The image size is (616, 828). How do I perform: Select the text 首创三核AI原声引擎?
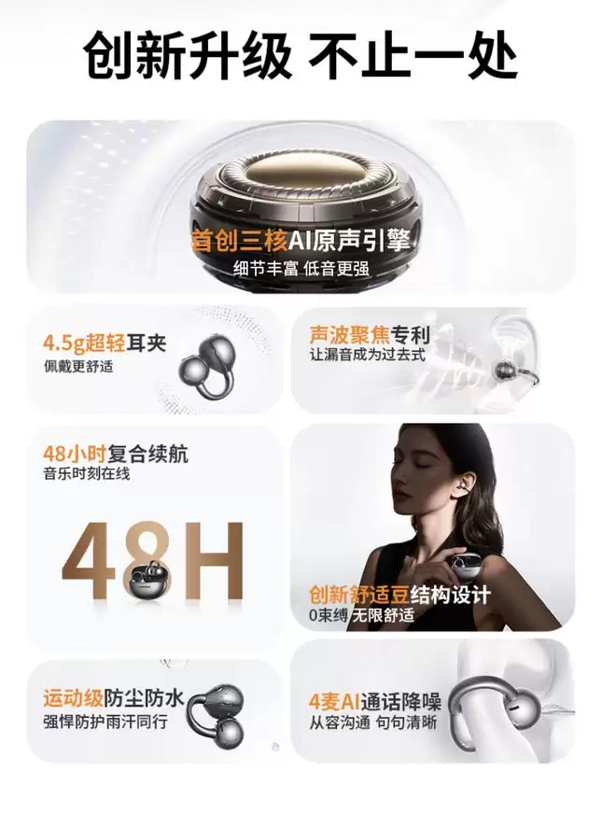(x=301, y=241)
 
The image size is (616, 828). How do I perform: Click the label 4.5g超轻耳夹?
(x=105, y=344)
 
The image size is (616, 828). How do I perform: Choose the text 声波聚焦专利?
(x=370, y=334)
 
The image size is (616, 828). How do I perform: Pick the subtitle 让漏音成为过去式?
(x=368, y=355)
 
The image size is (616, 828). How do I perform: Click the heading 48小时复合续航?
(x=116, y=454)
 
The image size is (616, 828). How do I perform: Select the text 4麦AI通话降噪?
(x=375, y=702)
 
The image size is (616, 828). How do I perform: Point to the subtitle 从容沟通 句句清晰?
(x=373, y=723)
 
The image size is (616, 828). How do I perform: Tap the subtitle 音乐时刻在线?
(x=87, y=473)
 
